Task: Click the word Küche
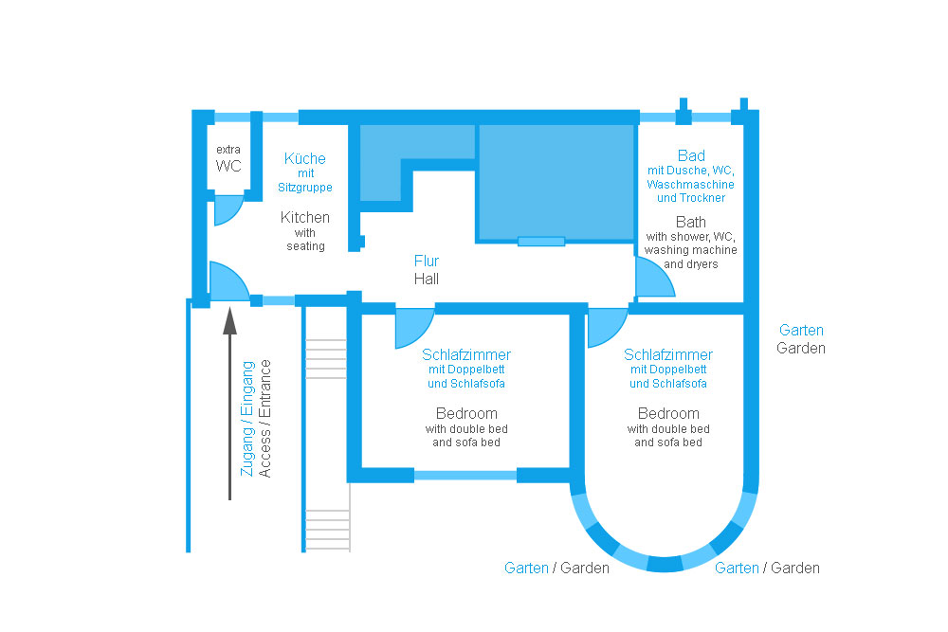click(305, 158)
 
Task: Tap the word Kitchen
click(305, 217)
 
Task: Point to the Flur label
click(427, 261)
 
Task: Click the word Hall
click(427, 279)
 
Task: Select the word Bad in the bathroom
click(691, 155)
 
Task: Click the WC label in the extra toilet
click(228, 166)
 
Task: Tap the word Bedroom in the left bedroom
click(466, 413)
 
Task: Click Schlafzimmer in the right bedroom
click(668, 354)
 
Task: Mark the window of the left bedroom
click(465, 476)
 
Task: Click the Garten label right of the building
click(801, 331)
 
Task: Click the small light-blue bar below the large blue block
click(541, 241)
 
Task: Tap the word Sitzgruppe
click(305, 188)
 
